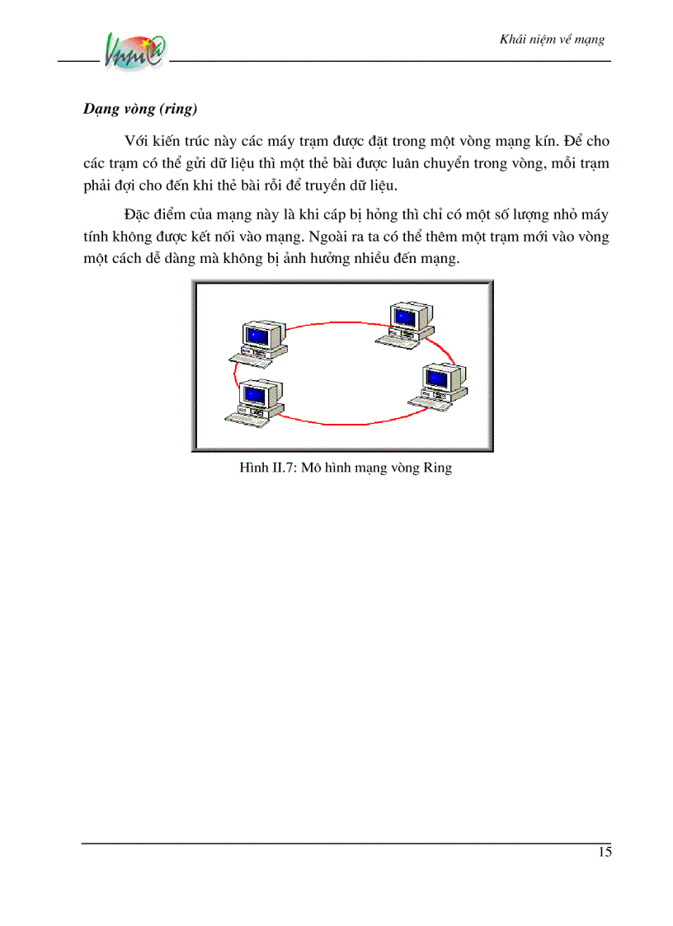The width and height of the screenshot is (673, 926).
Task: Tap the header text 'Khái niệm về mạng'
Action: click(x=553, y=40)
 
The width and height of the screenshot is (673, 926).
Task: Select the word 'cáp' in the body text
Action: click(x=351, y=215)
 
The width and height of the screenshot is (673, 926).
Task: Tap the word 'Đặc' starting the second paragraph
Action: click(x=139, y=215)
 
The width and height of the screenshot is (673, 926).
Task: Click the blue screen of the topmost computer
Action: click(x=403, y=317)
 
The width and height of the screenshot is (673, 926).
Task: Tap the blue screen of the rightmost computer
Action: click(x=436, y=378)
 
